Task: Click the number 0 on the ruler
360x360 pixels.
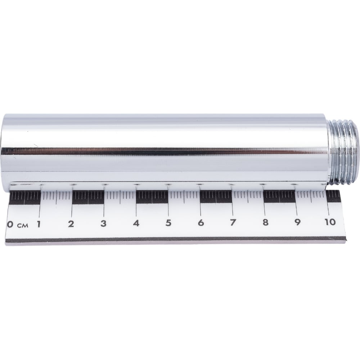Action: tap(10, 224)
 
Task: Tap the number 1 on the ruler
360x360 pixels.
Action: tap(39, 224)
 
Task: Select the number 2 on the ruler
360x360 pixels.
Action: tap(71, 224)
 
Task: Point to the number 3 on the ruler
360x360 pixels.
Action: tap(104, 224)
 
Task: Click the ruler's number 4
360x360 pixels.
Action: tap(136, 223)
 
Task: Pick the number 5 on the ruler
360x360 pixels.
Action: tap(168, 223)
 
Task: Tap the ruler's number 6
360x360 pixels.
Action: tap(201, 223)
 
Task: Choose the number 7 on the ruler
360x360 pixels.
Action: tap(233, 222)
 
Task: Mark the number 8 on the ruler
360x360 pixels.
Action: tap(265, 222)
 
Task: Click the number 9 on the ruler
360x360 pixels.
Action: tap(298, 222)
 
